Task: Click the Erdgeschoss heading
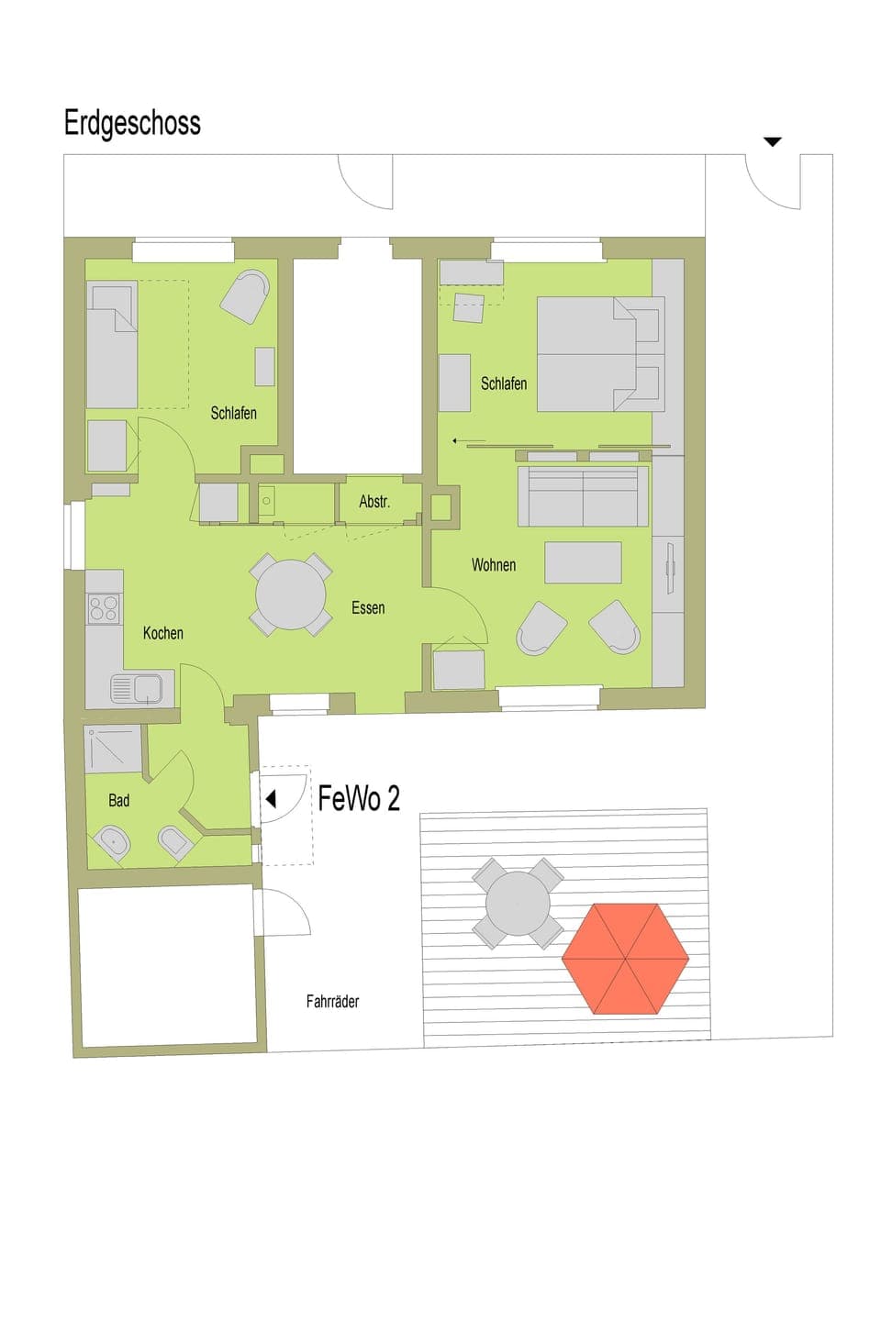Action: point(132,123)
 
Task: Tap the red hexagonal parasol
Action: point(625,959)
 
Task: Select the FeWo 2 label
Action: point(359,799)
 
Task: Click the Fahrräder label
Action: point(332,1002)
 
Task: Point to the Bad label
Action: point(119,801)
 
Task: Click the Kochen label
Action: point(162,633)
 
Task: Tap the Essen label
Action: point(368,608)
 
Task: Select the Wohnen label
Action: point(494,565)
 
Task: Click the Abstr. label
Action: point(374,502)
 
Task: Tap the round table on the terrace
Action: point(519,903)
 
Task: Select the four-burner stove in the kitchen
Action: point(104,609)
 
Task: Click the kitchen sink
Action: point(136,688)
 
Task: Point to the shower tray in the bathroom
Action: point(113,749)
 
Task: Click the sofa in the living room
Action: point(583,496)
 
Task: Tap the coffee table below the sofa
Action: point(583,562)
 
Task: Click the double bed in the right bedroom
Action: point(599,354)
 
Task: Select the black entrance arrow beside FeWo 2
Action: point(271,799)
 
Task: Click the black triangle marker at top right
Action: point(773,142)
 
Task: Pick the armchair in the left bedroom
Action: point(246,296)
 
